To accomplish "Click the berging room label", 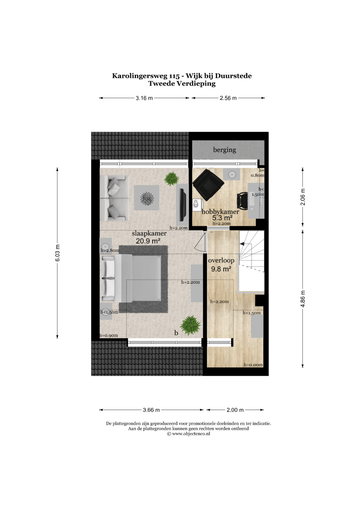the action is tap(224, 150).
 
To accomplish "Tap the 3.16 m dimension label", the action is tap(144, 98).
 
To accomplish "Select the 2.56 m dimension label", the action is tap(228, 98).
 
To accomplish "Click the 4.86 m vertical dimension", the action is tap(303, 299).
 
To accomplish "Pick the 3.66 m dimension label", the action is tap(151, 410).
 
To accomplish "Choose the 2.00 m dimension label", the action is tap(235, 410).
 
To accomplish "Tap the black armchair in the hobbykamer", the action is tap(208, 184).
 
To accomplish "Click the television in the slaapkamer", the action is tap(183, 205).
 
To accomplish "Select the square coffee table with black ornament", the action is tap(146, 198).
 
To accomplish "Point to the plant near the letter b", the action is tap(190, 325).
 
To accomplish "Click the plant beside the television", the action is tap(172, 178).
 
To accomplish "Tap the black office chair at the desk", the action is tap(243, 200).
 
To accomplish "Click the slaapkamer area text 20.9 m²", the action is tap(148, 241).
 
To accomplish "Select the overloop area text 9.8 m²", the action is tap(221, 269).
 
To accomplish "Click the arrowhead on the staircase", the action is tap(242, 244).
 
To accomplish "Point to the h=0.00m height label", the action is tap(253, 365).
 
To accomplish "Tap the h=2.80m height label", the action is tap(110, 250).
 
